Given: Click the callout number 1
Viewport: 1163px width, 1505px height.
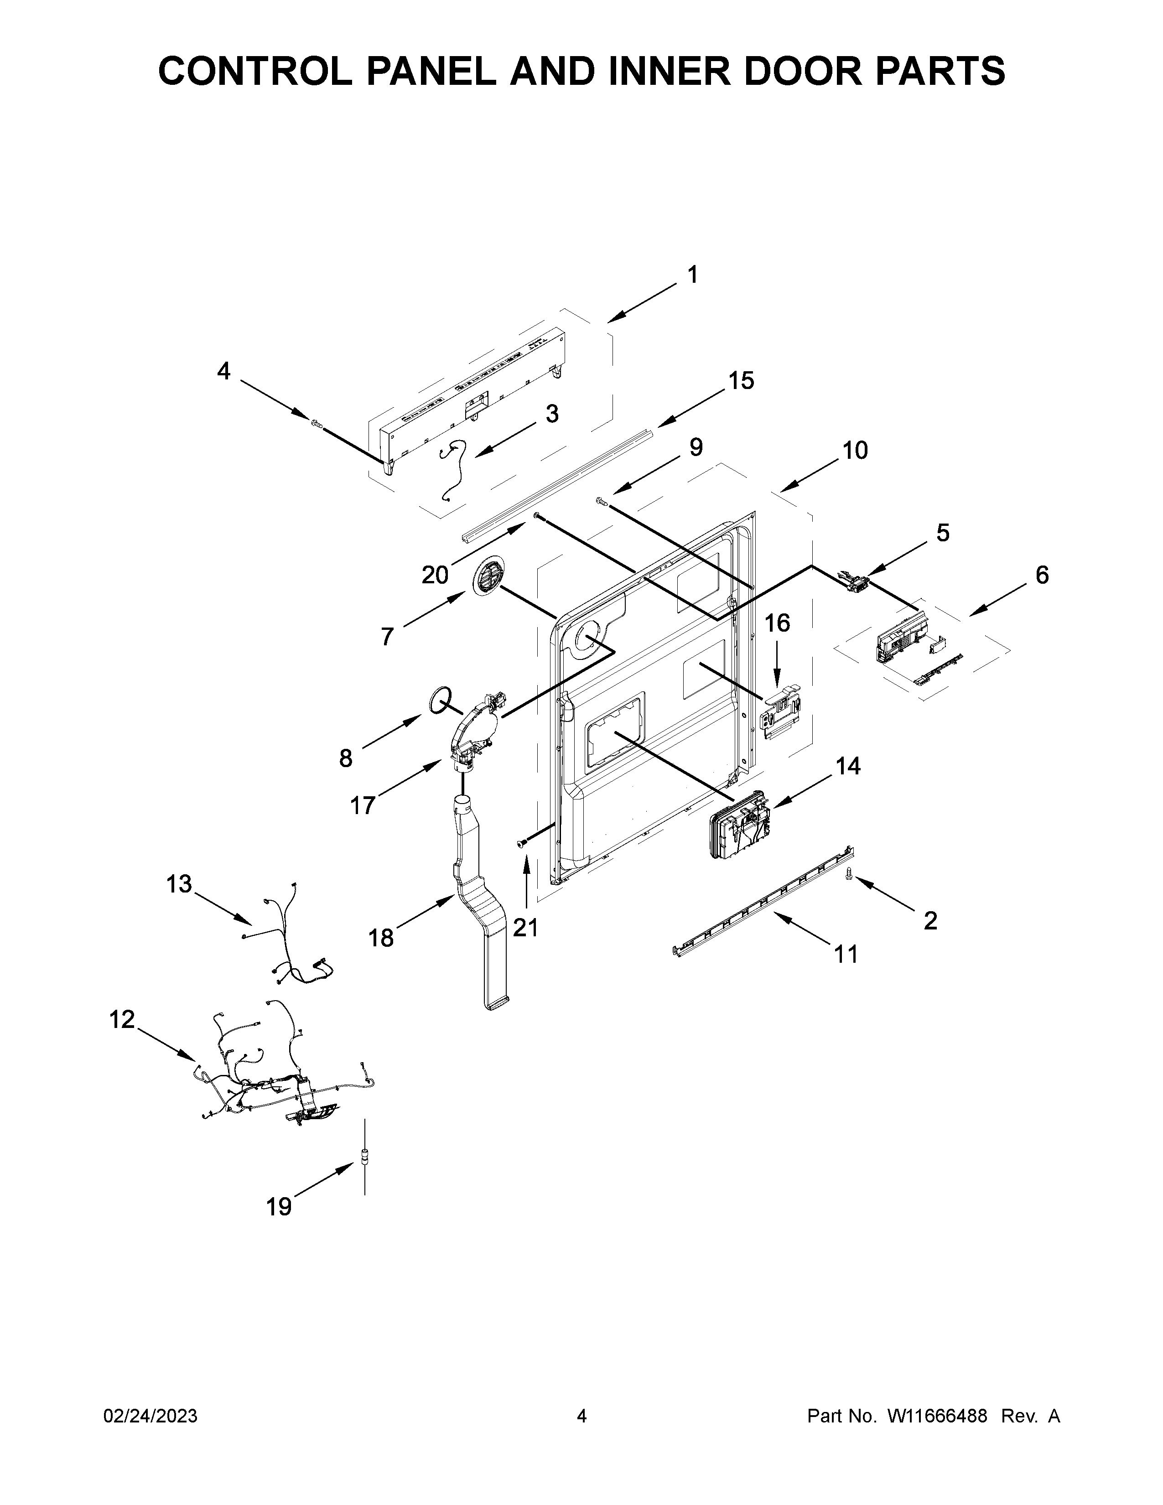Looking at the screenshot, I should point(692,275).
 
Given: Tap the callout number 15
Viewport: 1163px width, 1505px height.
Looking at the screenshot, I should point(741,380).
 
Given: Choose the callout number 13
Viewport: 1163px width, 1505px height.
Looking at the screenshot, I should point(179,883).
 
